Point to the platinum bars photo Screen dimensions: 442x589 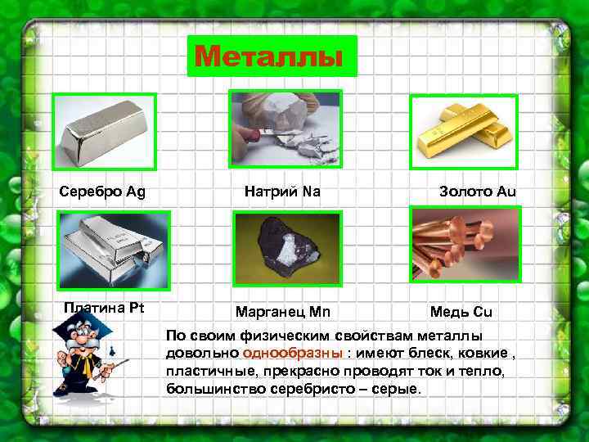click(114, 250)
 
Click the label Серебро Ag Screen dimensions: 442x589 click(102, 192)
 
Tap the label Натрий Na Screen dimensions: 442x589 click(282, 192)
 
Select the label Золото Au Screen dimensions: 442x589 click(478, 192)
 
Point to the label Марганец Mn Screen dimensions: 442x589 click(283, 312)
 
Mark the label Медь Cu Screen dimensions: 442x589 click(461, 312)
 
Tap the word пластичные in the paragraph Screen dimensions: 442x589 click(202, 372)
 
